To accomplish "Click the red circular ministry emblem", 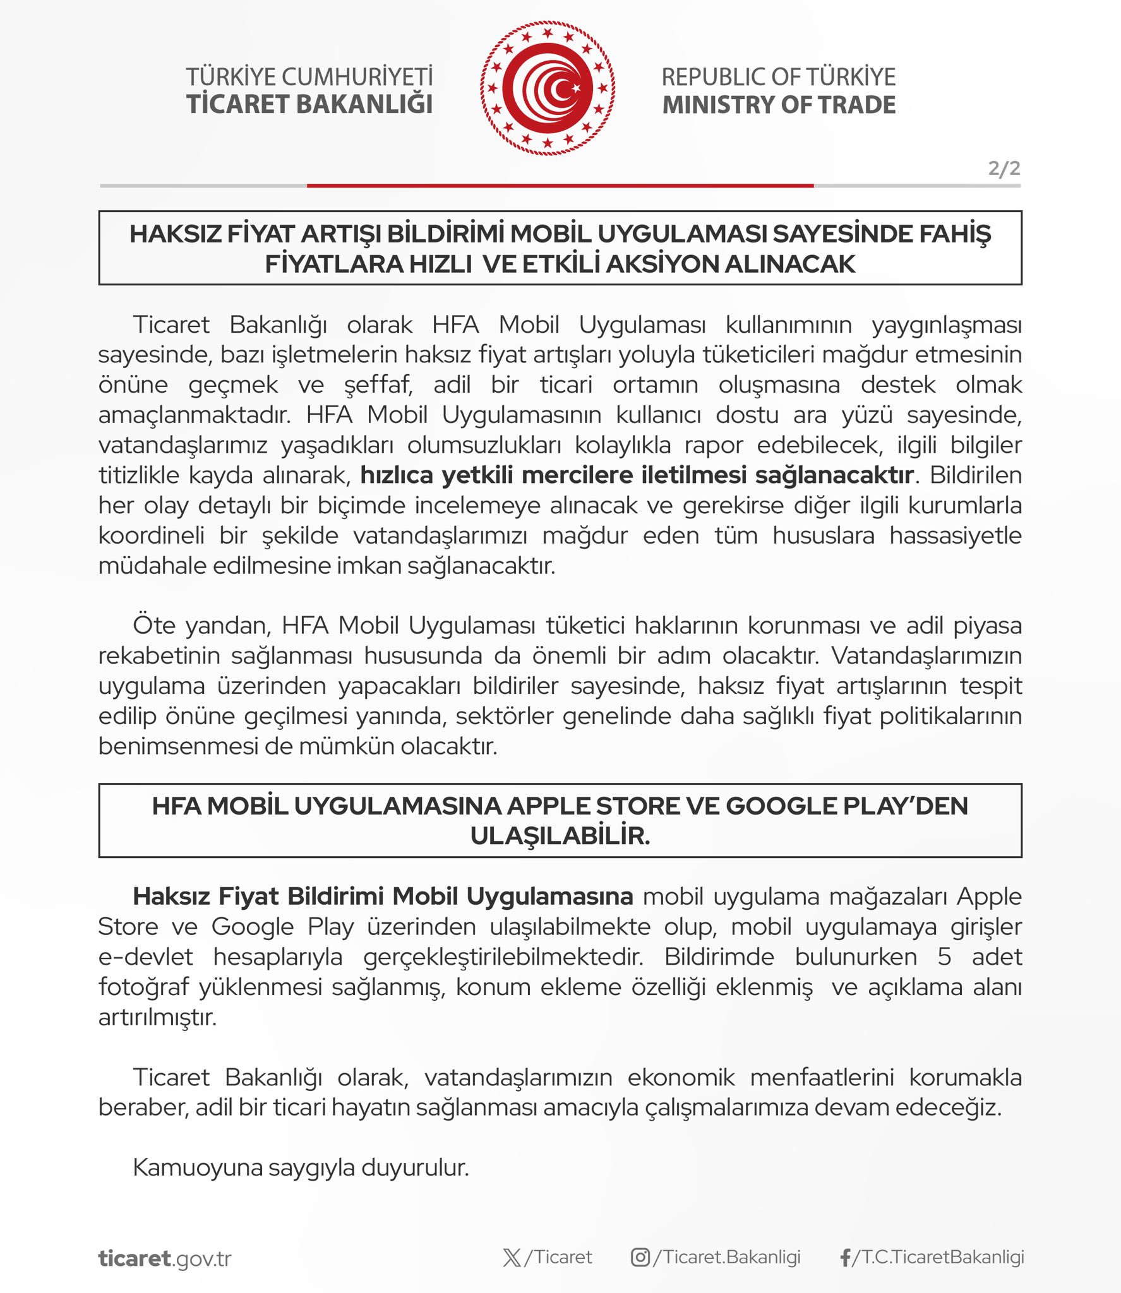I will tap(547, 88).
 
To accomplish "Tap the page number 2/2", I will tap(1004, 168).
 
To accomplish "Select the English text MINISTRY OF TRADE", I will tap(779, 105).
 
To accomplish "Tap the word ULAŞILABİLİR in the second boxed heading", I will tap(560, 836).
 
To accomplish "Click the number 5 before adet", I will tap(944, 957).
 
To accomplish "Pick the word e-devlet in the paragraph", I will tap(145, 957).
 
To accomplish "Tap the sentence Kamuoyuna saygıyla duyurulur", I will tap(301, 1168).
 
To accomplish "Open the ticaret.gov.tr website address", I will tap(165, 1258).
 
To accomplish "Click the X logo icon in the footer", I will tap(512, 1258).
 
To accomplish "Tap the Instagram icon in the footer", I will tap(640, 1258).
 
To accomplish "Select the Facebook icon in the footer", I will tap(845, 1258).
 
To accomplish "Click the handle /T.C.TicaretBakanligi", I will tap(938, 1257).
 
